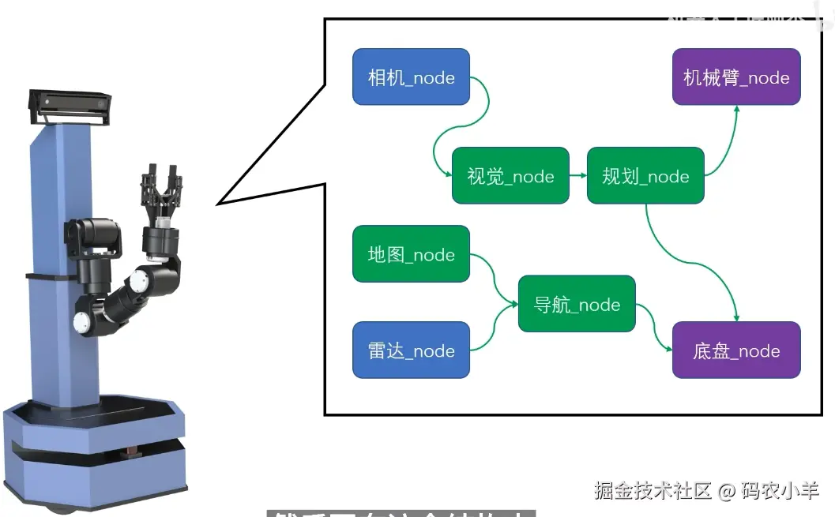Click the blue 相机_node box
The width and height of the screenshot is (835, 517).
coord(411,77)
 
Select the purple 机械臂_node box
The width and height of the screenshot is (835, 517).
coord(736,77)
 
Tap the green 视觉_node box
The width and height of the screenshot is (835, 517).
coord(510,175)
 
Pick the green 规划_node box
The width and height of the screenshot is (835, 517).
coord(645,175)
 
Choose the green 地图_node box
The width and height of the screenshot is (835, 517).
coord(411,254)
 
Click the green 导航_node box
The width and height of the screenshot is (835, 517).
coord(577,304)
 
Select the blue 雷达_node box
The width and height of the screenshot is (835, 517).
coord(411,350)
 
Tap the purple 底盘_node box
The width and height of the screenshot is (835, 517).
coord(736,350)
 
